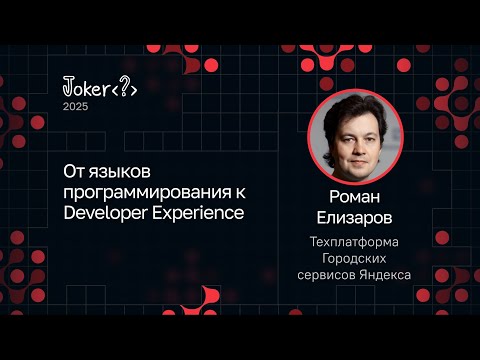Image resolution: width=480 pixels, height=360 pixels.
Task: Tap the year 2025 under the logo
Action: tap(76, 107)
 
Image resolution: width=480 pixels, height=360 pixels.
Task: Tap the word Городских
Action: tap(356, 258)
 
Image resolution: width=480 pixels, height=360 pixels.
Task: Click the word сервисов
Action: tap(329, 275)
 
